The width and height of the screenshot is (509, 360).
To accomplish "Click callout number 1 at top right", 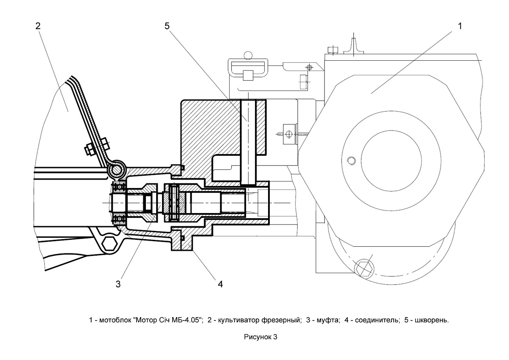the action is click(460, 26).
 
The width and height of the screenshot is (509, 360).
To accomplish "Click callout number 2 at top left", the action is click(38, 26).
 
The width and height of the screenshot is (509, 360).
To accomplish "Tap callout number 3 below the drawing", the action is click(118, 284).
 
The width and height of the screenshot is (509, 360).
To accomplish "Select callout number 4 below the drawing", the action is click(220, 284).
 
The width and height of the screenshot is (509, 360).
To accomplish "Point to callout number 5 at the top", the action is click(167, 26).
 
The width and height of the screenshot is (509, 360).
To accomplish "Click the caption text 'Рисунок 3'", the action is click(260, 337).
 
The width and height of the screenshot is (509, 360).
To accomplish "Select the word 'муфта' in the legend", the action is click(327, 320).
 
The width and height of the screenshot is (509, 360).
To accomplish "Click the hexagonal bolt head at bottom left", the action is click(109, 244).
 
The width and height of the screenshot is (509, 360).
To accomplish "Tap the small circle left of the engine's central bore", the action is click(351, 160).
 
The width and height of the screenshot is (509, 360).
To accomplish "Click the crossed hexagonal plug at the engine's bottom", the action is click(364, 269).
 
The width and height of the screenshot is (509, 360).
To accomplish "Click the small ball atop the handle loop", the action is click(248, 55).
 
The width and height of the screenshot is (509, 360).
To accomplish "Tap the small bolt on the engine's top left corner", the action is click(333, 50).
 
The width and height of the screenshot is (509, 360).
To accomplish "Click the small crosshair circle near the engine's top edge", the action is click(309, 67).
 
